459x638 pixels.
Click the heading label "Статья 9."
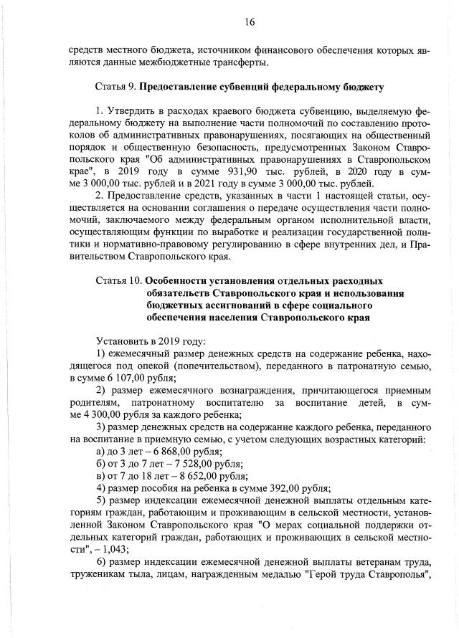pyautogui.click(x=115, y=87)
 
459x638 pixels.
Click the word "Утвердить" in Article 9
pyautogui.click(x=131, y=113)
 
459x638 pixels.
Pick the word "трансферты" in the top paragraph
pyautogui.click(x=240, y=62)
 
